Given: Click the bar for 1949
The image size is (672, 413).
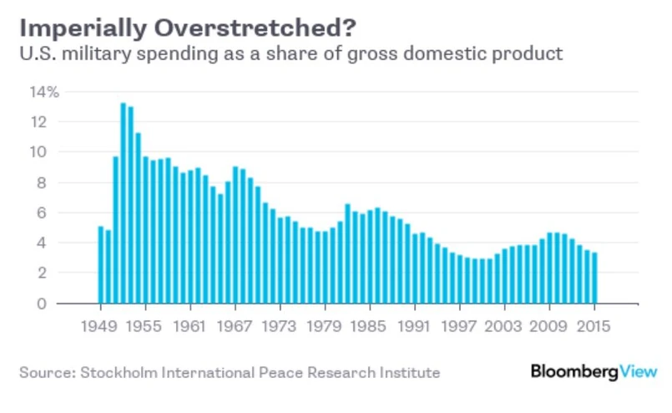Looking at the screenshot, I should (x=101, y=264).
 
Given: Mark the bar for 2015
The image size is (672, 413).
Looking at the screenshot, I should (x=594, y=278).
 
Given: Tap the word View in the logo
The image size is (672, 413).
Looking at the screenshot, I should (x=636, y=370).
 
